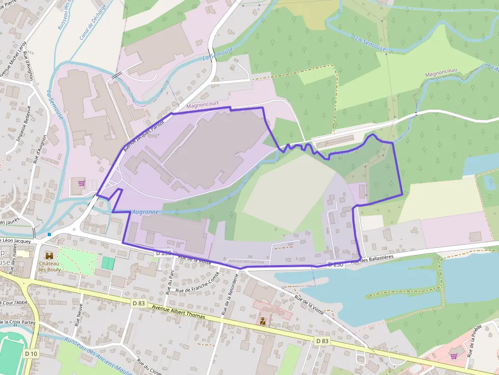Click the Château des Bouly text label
[49, 266]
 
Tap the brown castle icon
[49, 255]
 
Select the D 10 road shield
[31, 354]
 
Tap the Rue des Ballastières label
[372, 259]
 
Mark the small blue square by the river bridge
[49, 235]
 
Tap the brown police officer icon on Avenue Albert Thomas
[263, 321]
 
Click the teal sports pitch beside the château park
[108, 263]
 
